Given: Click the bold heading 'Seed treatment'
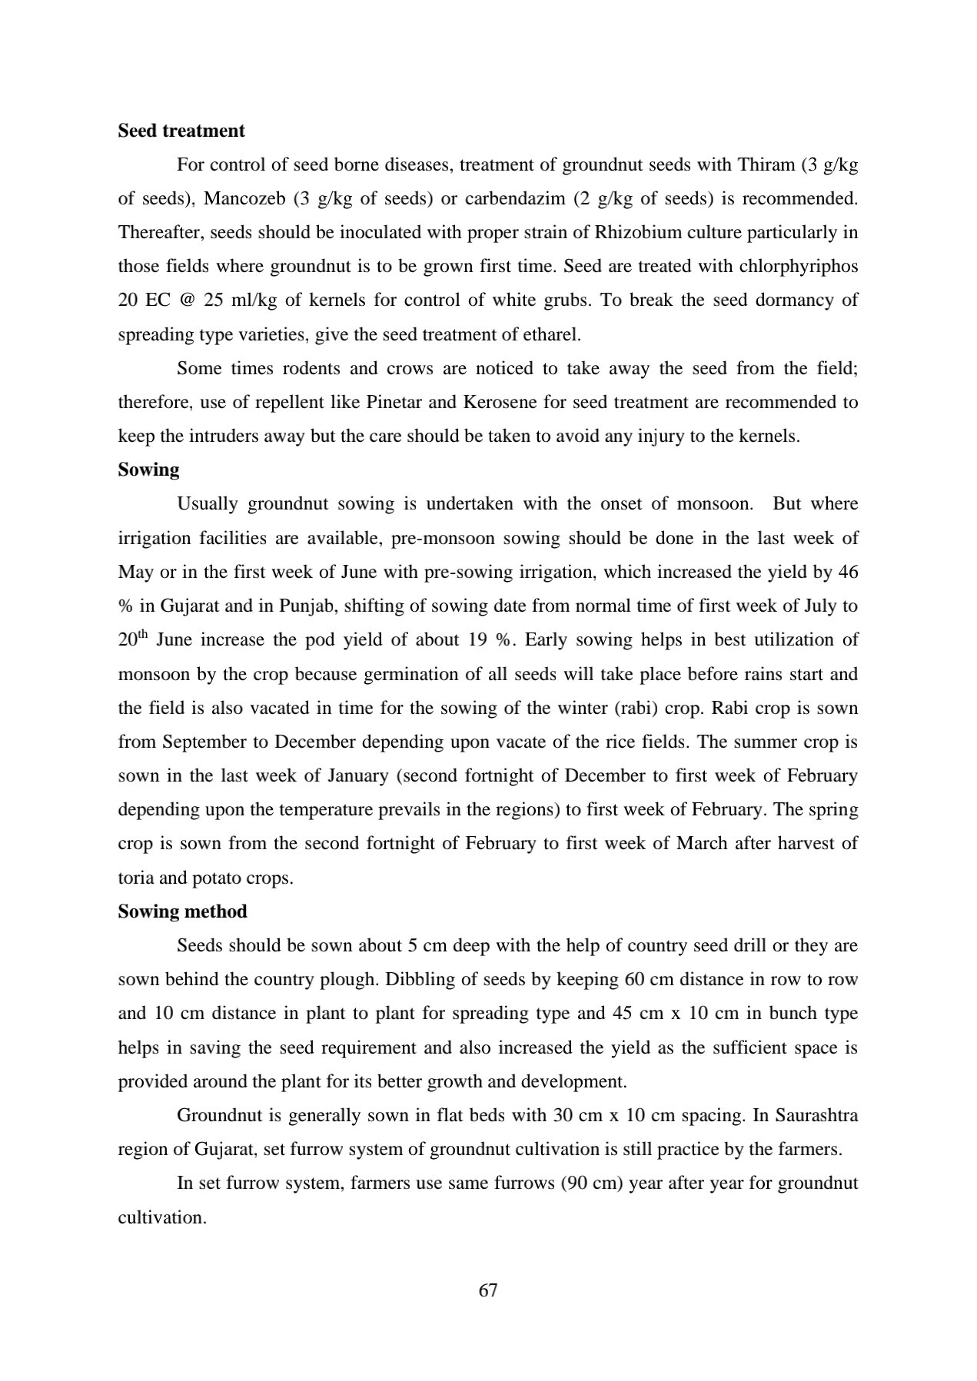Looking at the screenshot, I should click(x=181, y=131).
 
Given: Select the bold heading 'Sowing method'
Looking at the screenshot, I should click(x=182, y=911).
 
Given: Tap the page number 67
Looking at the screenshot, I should click(x=488, y=1290).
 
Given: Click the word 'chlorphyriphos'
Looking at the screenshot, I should click(x=799, y=266).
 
